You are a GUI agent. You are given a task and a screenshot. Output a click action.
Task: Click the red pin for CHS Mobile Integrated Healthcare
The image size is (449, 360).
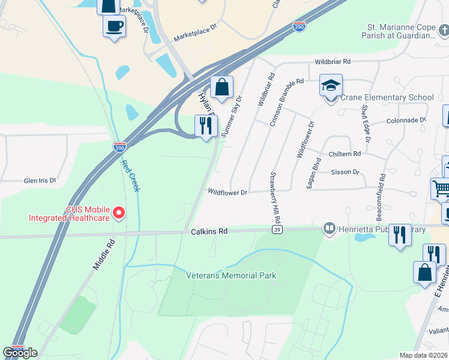(119, 212)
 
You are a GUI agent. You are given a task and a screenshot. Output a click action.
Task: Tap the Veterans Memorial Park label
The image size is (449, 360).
(231, 275)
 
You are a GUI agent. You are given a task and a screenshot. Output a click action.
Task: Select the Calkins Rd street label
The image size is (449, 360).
(209, 231)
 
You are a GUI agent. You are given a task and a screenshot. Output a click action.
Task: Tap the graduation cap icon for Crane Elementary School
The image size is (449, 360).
(331, 85)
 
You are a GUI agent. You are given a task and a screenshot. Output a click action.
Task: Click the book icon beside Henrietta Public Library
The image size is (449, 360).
(329, 228)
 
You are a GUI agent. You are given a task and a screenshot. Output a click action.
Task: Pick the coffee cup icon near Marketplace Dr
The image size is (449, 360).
(114, 26)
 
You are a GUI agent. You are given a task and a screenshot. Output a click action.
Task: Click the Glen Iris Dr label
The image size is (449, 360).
(40, 180)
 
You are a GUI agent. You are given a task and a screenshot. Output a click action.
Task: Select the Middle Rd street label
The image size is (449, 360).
(103, 255)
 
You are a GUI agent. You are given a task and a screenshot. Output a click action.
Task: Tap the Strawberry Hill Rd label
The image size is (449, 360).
(271, 195)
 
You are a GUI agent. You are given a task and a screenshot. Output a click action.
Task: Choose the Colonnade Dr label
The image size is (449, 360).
(405, 120)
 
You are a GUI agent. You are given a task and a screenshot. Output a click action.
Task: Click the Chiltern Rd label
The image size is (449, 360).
(345, 154)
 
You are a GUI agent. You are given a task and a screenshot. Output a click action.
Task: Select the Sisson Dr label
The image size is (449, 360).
(345, 172)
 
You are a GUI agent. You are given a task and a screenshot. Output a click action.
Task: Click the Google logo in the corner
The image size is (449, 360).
(20, 352)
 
